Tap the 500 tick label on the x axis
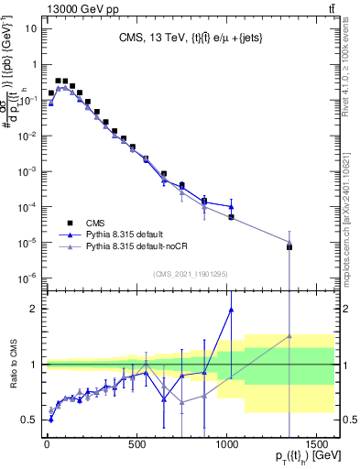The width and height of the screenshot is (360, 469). [136, 449]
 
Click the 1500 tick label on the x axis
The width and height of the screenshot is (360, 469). [317, 449]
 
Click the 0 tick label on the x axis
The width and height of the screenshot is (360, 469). [47, 449]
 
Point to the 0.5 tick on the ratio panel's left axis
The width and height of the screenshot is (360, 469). [28, 420]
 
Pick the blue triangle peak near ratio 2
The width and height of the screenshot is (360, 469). [231, 310]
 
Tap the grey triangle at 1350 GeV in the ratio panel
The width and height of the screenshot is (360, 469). [289, 336]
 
